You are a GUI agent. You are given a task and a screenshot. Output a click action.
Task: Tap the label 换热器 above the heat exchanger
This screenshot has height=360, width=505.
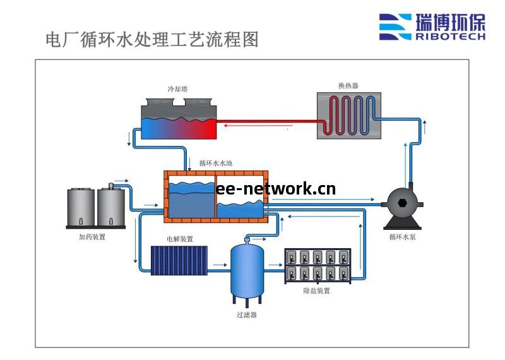tap(348, 85)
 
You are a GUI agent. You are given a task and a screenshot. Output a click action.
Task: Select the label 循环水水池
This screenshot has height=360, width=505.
tap(216, 164)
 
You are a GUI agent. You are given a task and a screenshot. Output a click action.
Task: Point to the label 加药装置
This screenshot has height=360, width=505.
tap(92, 237)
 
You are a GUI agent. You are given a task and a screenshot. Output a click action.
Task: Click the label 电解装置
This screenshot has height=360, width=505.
tap(180, 239)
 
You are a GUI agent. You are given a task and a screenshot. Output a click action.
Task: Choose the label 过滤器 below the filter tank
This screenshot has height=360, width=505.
tap(247, 315)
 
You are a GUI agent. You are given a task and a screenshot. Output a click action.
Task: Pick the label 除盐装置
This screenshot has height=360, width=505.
tap(317, 291)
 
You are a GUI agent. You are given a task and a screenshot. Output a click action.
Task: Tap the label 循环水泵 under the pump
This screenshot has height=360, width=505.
tap(403, 237)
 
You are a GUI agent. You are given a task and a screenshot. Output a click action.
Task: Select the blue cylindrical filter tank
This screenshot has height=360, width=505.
tap(247, 270)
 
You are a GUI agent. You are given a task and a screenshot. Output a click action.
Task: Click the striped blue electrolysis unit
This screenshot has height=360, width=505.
tap(179, 260)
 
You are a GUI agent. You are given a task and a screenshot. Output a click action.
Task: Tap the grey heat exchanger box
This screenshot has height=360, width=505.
tap(348, 115)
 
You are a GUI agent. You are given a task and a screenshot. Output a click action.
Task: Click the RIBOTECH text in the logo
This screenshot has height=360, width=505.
tap(450, 37)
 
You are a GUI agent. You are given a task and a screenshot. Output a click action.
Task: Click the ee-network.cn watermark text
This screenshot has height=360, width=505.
tap(276, 188)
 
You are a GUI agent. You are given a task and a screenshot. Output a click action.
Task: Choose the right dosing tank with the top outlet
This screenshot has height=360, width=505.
tap(110, 207)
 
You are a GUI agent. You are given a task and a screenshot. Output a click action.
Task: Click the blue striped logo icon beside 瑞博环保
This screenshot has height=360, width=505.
tap(395, 27)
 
